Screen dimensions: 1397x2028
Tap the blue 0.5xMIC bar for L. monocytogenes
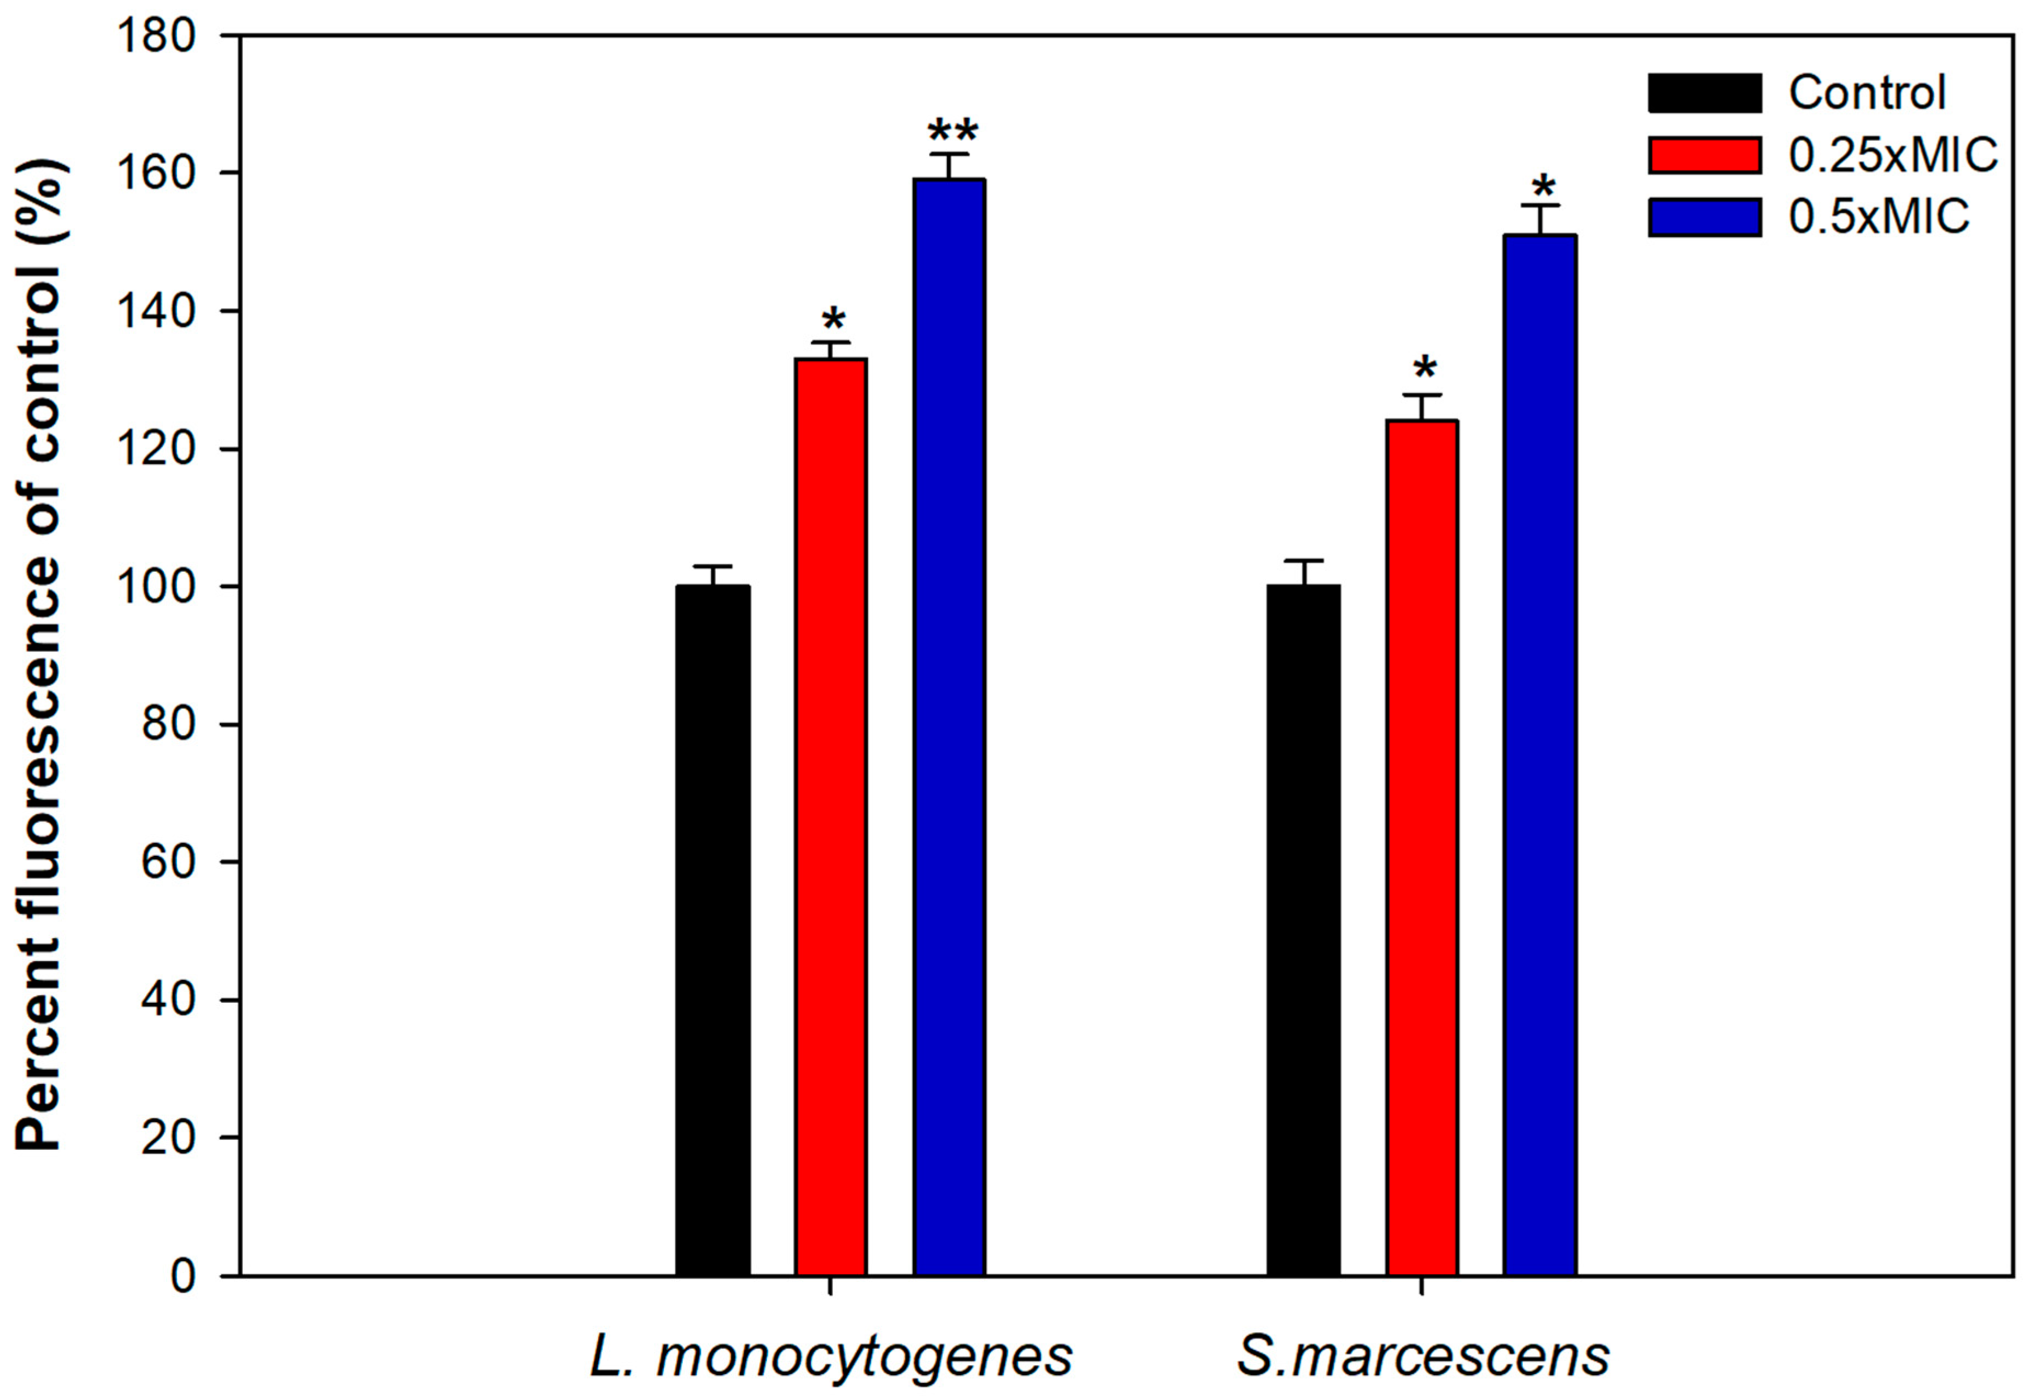click(x=950, y=726)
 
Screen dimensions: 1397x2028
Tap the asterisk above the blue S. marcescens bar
click(x=1543, y=186)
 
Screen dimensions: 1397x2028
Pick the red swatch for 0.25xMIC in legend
click(x=1704, y=156)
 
